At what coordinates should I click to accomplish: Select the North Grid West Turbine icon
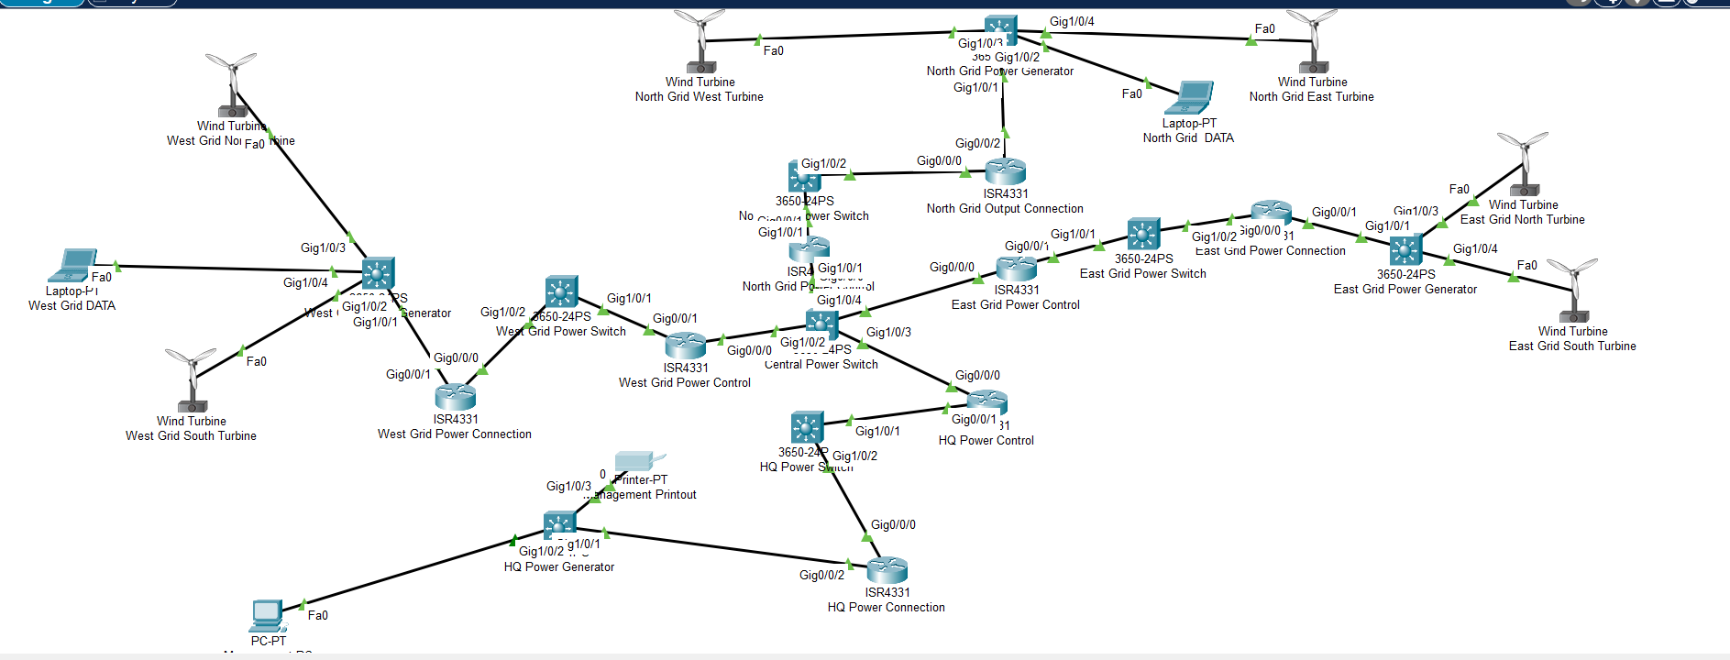click(700, 41)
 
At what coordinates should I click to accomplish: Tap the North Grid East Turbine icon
click(1313, 41)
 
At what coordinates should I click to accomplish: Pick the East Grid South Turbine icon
click(1573, 290)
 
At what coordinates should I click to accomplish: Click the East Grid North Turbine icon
click(1524, 164)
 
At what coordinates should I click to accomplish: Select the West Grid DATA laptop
click(72, 266)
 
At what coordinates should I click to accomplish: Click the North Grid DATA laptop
click(1191, 98)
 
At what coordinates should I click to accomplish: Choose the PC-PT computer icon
click(268, 616)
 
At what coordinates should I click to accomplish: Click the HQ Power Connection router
click(887, 570)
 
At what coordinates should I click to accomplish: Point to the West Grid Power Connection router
click(455, 396)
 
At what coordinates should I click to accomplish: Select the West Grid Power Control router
click(685, 346)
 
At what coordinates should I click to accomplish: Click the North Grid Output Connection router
click(1005, 171)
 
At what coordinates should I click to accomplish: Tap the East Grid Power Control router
click(1016, 268)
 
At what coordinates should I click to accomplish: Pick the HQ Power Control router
click(986, 401)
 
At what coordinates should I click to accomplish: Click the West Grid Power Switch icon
click(561, 291)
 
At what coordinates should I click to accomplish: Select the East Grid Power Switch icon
click(1143, 234)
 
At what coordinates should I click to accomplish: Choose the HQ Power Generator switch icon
click(559, 525)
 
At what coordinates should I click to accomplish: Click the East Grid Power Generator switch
click(1405, 250)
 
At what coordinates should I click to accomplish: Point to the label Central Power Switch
click(821, 365)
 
